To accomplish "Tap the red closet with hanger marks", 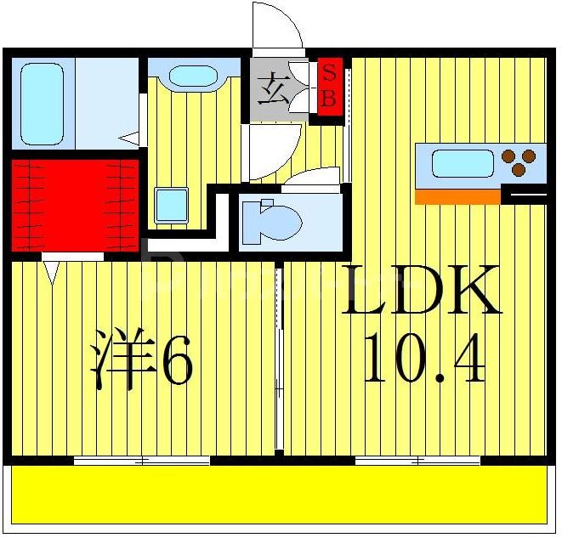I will coord(74,204).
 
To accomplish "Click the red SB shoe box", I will coord(328,85).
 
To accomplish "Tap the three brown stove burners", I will coord(519,161).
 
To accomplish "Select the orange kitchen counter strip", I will coord(457,196).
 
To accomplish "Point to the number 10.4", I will coord(423,360).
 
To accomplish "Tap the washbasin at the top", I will coord(193,76).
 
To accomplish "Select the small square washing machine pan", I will coord(171,205).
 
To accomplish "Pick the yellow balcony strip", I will coord(281,495).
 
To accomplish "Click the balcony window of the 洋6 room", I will coord(142,461).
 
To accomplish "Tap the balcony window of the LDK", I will coord(417,461).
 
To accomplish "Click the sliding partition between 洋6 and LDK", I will coord(279,357).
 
